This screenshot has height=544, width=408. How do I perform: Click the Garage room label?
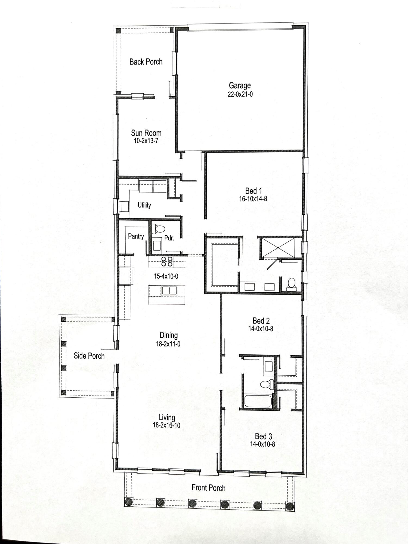pos(240,85)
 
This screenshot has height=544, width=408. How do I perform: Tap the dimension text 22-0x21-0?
pos(240,94)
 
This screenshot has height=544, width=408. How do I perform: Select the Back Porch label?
pos(146,62)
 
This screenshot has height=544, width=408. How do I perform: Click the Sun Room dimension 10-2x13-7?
pos(146,141)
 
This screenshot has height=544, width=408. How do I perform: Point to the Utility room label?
pos(144,205)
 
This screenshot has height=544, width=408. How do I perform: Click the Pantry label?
pos(136,236)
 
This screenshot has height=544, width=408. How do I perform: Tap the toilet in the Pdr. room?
pos(157,228)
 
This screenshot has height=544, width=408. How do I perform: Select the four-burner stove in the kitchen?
pos(167,261)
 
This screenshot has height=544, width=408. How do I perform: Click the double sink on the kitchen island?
pos(169,291)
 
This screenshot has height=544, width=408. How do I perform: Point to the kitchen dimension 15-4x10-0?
pos(166,276)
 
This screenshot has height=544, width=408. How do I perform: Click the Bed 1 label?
pos(253,191)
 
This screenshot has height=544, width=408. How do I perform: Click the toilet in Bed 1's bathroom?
pos(292,284)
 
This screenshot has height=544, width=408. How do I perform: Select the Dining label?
pos(168,335)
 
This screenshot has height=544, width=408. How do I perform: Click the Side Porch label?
pos(89,356)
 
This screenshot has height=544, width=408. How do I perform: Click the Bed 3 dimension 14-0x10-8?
pos(262,444)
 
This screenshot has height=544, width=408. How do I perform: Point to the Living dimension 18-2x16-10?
pos(166,425)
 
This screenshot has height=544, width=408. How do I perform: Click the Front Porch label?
pos(208,488)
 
